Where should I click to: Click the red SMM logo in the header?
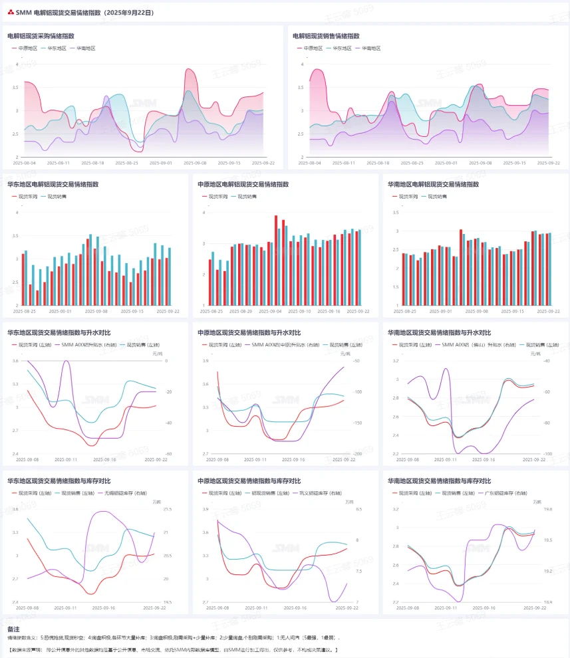click(10, 13)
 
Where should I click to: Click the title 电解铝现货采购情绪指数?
click(40, 36)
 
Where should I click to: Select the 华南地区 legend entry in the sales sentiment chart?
click(371, 49)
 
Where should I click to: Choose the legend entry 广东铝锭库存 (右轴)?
click(500, 493)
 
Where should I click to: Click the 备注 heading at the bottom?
click(13, 628)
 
